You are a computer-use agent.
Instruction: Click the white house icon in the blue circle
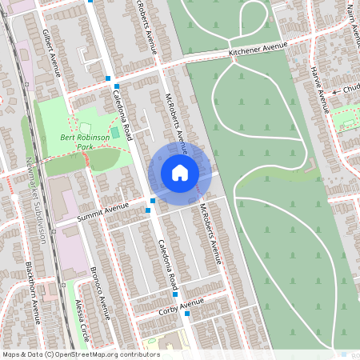[x=180, y=172]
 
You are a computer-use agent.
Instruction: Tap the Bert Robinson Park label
[x=85, y=142]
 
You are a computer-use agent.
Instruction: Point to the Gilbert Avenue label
[x=51, y=52]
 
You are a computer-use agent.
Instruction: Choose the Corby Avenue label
[x=181, y=304]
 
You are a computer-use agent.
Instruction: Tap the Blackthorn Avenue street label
[x=34, y=291]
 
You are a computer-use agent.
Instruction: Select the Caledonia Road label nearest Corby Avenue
[x=168, y=265]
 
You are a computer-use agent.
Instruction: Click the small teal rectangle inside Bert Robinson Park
[x=115, y=132]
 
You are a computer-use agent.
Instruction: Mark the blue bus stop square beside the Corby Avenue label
[x=187, y=314]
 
